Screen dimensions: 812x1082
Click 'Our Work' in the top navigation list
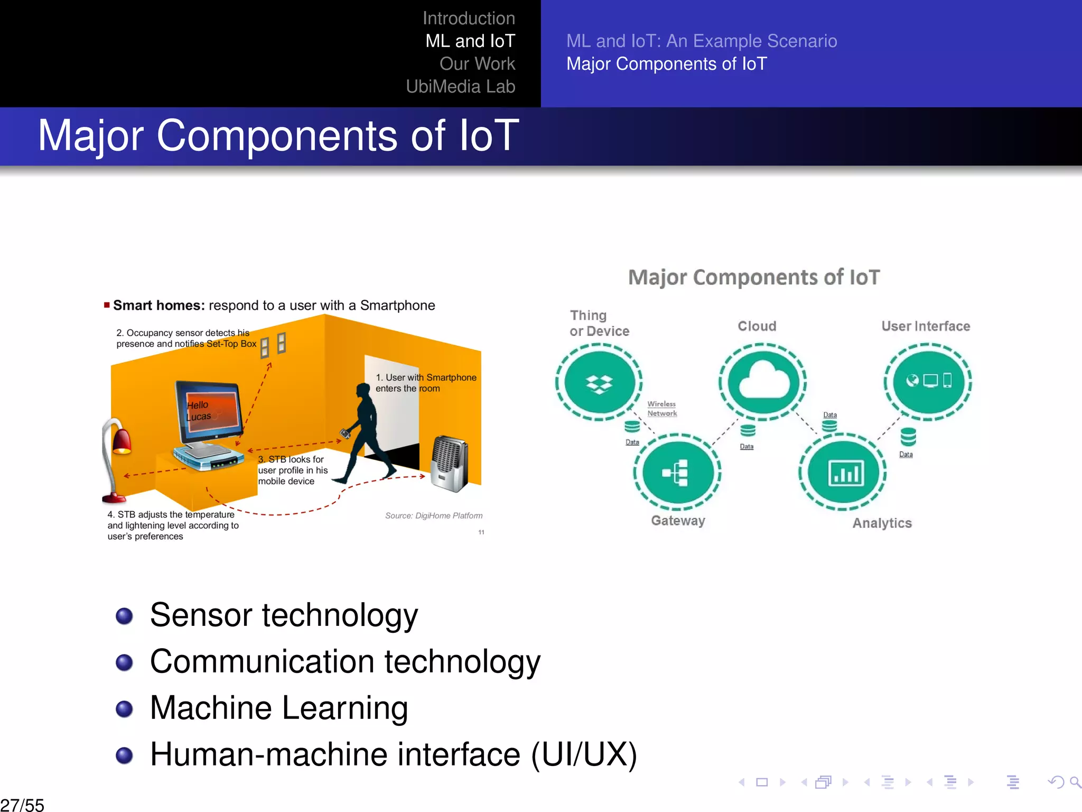pos(477,64)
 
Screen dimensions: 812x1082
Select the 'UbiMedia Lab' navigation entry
pos(460,87)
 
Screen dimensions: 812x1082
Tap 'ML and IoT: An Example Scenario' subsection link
pos(701,41)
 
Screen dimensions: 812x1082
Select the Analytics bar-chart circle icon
pos(844,472)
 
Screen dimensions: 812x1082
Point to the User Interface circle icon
pos(928,381)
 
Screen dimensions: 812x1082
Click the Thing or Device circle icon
pos(599,382)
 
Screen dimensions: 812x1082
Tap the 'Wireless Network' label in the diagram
pos(661,409)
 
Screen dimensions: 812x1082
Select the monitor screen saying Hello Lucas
pos(210,410)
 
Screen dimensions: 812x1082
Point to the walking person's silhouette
pos(365,433)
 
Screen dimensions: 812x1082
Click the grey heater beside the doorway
pos(449,463)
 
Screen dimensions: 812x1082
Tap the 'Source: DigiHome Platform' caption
pos(433,515)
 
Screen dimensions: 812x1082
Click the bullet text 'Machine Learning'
pos(278,708)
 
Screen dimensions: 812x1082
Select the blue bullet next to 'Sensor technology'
pos(124,616)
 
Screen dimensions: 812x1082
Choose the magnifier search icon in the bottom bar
pos(1075,781)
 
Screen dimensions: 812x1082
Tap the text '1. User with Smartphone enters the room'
pos(425,383)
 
